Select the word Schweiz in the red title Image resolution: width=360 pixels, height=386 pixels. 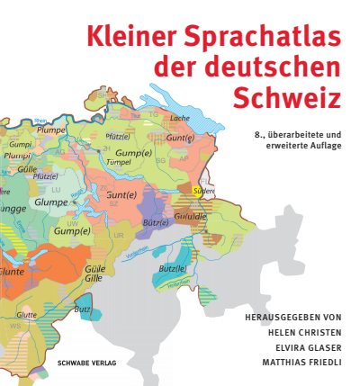pos(289,94)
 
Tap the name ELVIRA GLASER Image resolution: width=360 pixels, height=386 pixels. pos(301,346)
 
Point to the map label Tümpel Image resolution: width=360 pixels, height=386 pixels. pos(119,163)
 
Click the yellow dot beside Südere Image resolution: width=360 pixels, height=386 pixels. pos(195,191)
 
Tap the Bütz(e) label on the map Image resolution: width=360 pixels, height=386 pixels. pos(156,222)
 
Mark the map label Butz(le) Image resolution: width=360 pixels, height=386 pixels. pos(172,268)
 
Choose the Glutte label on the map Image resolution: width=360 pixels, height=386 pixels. pos(26,314)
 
